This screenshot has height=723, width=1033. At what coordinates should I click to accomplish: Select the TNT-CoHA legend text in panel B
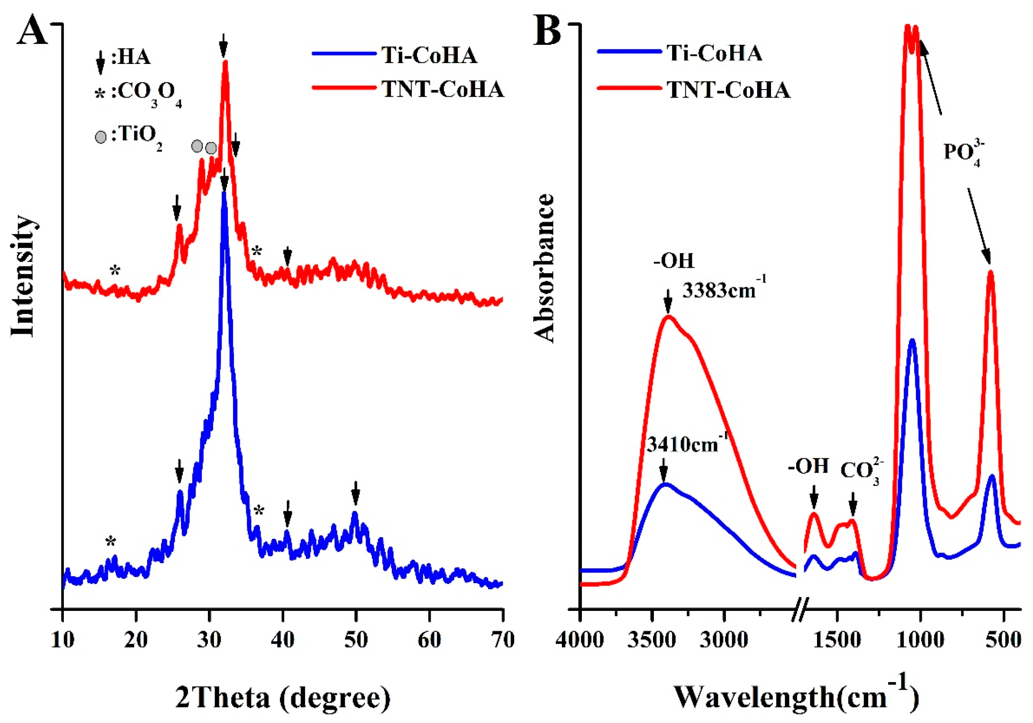tap(728, 90)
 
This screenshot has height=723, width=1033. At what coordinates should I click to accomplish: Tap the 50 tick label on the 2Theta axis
tap(355, 639)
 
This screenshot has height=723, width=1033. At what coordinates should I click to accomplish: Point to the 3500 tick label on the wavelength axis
tap(652, 639)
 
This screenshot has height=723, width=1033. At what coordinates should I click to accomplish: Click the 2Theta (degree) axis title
tap(283, 698)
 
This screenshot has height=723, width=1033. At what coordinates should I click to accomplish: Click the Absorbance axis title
tap(544, 269)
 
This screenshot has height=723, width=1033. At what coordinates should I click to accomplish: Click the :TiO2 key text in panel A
tap(137, 136)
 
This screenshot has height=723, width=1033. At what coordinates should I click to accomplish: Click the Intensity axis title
tap(23, 276)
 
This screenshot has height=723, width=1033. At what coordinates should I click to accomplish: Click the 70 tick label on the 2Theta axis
tap(502, 639)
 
